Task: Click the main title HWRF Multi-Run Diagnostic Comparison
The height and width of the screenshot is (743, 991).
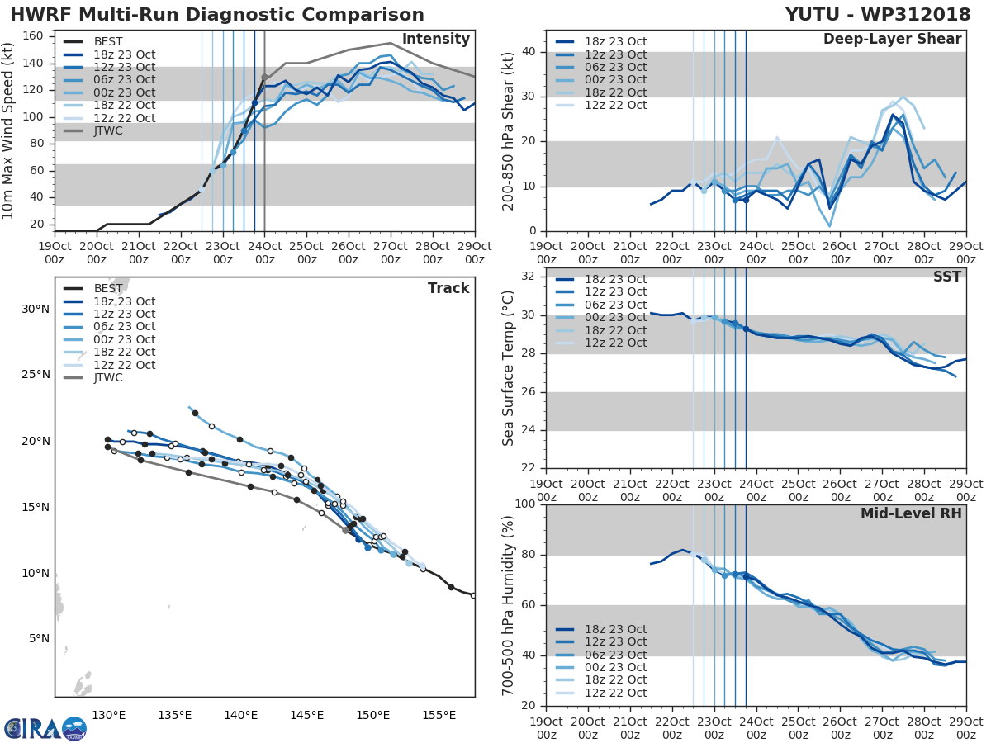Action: coord(217,15)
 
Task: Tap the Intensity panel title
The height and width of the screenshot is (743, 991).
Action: coord(435,40)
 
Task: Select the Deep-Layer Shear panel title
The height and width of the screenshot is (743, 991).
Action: coord(892,40)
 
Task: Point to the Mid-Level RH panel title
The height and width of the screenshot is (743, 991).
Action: coord(911,513)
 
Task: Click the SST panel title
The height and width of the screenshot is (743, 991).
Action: coord(946,277)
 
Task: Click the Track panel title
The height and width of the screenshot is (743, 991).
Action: coord(448,288)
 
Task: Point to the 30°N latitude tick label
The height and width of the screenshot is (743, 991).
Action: coord(36,310)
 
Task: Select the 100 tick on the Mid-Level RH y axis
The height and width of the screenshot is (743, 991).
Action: coord(523,504)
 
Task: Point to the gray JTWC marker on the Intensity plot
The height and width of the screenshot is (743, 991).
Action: coord(264,77)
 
